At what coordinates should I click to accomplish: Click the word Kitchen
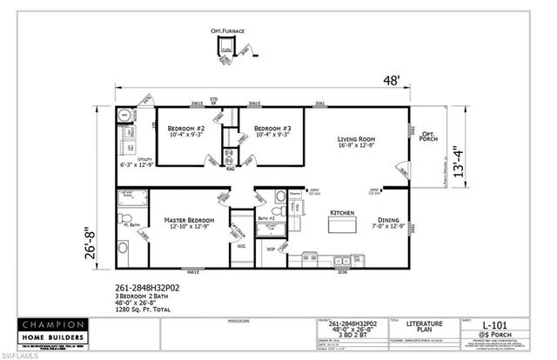pos(339,212)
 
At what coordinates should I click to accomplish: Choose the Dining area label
pos(387,221)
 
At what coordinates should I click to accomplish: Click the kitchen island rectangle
pos(341,226)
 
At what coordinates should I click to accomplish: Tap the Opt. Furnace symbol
pos(227,50)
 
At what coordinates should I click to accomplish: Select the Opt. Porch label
pos(428,137)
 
